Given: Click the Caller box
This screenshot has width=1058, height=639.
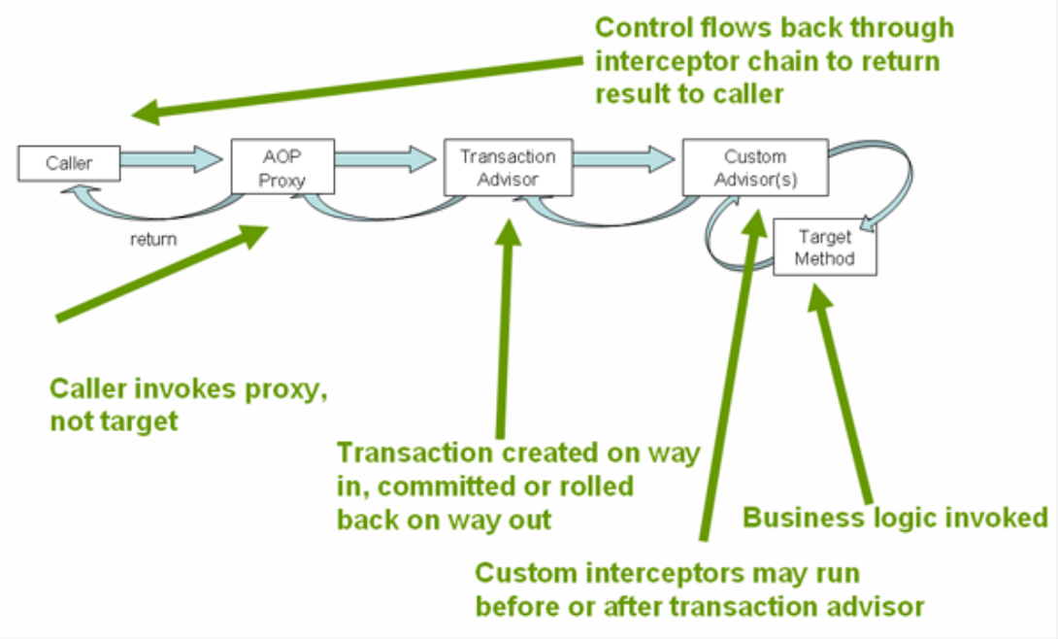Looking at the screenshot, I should click(69, 163).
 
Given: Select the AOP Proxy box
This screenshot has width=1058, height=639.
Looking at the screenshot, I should click(282, 166).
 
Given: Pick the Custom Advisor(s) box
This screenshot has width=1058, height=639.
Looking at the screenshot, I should click(755, 167).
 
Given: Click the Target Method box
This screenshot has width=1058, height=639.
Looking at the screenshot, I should click(824, 247).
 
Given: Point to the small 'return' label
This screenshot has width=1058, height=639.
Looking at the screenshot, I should click(153, 238).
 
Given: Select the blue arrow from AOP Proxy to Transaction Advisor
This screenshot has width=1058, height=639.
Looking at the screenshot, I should click(385, 158).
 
